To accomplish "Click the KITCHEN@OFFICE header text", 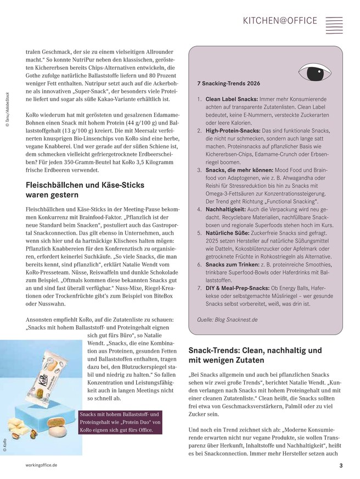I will click(x=280, y=20).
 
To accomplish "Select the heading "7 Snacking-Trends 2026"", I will click(x=229, y=83).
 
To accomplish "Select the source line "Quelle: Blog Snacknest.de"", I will click(x=227, y=319).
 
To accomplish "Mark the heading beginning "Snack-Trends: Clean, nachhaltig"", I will click(x=255, y=355).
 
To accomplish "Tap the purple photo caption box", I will click(x=120, y=422).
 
